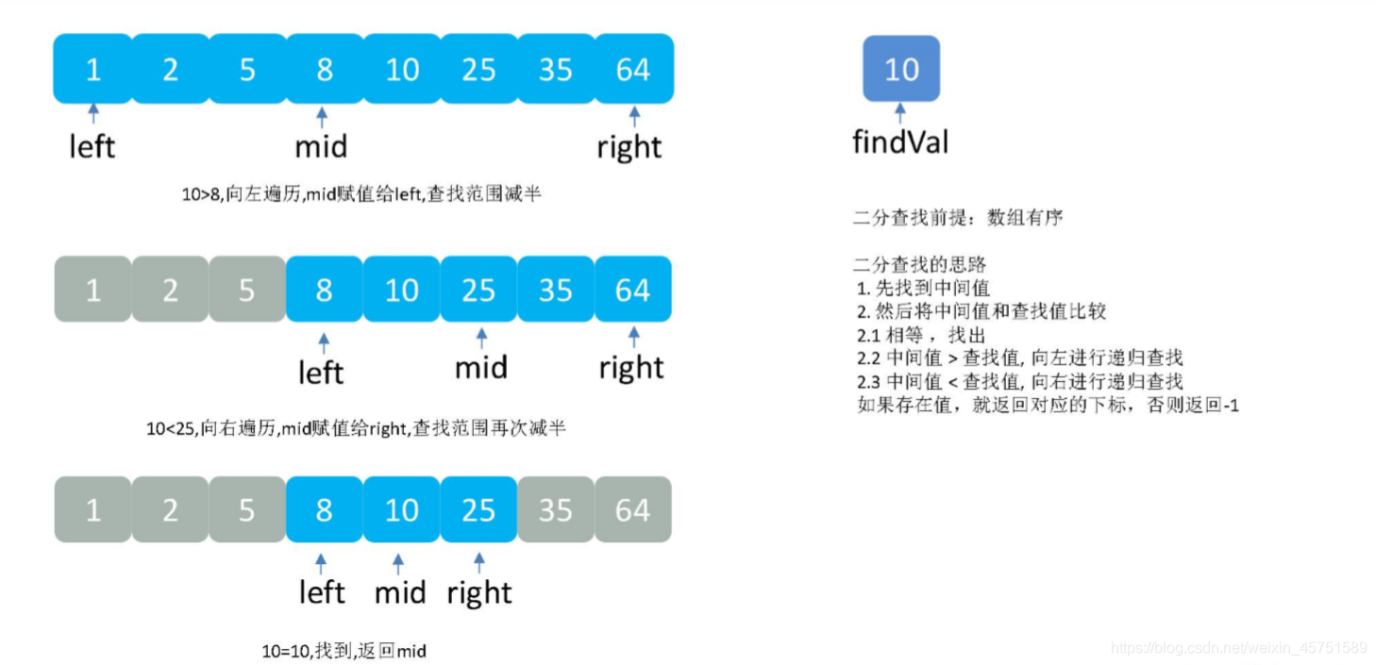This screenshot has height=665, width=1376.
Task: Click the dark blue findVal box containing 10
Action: click(x=901, y=69)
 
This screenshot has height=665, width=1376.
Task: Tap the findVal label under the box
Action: click(x=900, y=142)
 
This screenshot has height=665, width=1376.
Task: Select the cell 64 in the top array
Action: click(x=633, y=69)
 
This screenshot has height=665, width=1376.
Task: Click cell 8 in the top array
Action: click(x=325, y=69)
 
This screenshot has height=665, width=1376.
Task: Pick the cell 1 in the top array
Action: click(x=92, y=69)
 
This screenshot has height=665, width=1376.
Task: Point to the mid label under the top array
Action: click(x=322, y=147)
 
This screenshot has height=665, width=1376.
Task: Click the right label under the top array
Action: click(x=629, y=147)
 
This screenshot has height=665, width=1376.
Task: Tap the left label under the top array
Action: click(x=92, y=147)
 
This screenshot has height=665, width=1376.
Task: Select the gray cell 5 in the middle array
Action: click(x=246, y=290)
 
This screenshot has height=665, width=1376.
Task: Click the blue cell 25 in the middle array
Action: click(x=478, y=290)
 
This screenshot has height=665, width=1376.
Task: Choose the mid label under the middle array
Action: click(x=481, y=367)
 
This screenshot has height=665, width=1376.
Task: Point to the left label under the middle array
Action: click(x=321, y=372)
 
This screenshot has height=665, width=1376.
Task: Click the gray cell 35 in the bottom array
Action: click(x=556, y=510)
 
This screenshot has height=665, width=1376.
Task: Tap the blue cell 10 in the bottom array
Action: click(x=401, y=510)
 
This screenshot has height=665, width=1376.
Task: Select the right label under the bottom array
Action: click(x=479, y=593)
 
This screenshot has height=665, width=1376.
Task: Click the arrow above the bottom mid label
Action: click(x=398, y=564)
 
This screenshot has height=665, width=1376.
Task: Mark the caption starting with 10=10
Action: click(x=344, y=651)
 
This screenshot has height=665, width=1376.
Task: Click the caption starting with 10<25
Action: click(x=356, y=428)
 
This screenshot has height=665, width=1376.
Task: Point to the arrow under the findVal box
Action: click(x=900, y=114)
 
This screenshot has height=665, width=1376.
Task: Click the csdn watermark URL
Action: click(x=1239, y=648)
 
